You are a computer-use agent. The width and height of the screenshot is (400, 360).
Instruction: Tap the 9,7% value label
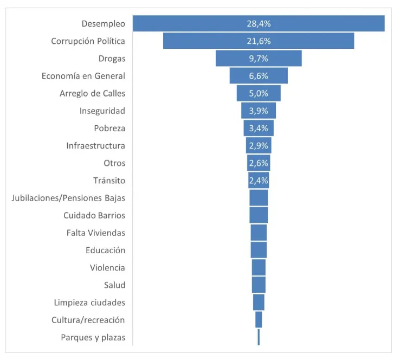tap(259, 59)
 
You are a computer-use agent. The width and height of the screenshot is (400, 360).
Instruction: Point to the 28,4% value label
tap(259, 23)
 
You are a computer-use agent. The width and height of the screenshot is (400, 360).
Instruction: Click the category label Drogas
tap(112, 59)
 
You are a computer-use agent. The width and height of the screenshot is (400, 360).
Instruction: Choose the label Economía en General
tap(83, 76)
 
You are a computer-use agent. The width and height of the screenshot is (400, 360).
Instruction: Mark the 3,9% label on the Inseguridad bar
tap(259, 111)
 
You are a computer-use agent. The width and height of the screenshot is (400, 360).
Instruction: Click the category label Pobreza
tap(109, 128)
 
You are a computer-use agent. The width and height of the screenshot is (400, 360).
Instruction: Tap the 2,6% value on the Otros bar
tap(259, 163)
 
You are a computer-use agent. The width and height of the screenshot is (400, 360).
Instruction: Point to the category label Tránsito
tap(109, 181)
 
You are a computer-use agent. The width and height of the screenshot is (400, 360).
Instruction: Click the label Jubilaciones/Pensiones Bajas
tap(68, 198)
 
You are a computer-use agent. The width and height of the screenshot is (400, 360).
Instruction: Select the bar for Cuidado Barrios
tap(259, 215)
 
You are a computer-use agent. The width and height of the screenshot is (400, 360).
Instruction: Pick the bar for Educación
tap(259, 250)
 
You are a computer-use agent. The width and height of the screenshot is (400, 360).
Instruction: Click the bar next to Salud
tap(259, 285)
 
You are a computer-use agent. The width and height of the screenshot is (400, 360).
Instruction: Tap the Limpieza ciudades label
tap(89, 303)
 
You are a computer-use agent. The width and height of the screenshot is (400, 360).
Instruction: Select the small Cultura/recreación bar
tap(259, 320)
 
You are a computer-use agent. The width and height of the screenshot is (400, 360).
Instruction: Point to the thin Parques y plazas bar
tap(259, 337)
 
